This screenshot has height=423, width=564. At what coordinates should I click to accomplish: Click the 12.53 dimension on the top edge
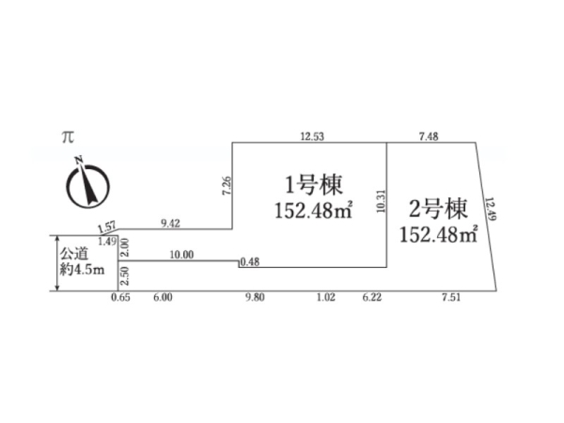pyautogui.click(x=312, y=137)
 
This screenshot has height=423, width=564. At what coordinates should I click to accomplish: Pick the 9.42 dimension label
pyautogui.click(x=170, y=223)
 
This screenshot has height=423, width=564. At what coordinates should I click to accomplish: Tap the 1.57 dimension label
pyautogui.click(x=106, y=226)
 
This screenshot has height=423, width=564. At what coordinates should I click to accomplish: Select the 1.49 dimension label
pyautogui.click(x=107, y=242)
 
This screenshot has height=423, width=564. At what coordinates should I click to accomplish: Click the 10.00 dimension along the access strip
pyautogui.click(x=181, y=254)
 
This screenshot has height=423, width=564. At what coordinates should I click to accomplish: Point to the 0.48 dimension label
pyautogui.click(x=249, y=262)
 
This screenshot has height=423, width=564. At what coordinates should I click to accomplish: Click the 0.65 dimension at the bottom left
pyautogui.click(x=118, y=298)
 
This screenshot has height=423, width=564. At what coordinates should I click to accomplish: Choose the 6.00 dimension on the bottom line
pyautogui.click(x=163, y=298)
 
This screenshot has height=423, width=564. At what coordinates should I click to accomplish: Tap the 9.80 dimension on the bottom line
pyautogui.click(x=255, y=298)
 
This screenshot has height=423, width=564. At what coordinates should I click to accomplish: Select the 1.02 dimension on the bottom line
pyautogui.click(x=326, y=298)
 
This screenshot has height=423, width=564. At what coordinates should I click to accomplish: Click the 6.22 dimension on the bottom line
pyautogui.click(x=371, y=298)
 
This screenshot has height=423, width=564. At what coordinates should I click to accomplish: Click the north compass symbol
pyautogui.click(x=86, y=182)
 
